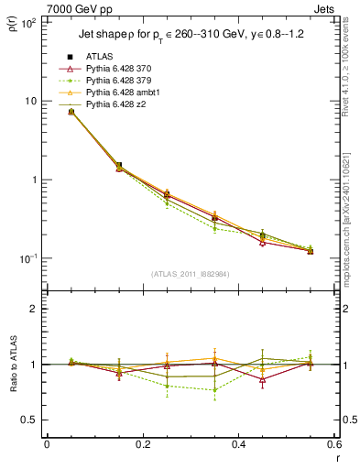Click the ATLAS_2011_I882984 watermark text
click(x=191, y=274)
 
